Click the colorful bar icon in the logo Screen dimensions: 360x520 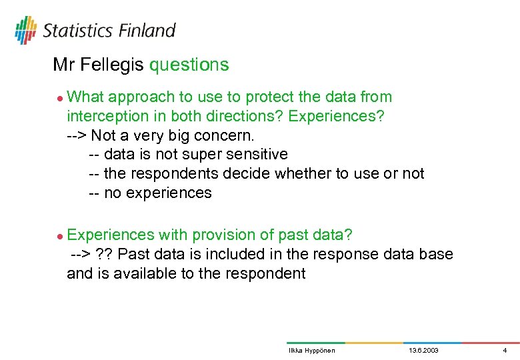pyautogui.click(x=26, y=30)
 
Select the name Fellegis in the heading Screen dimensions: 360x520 pyautogui.click(x=113, y=65)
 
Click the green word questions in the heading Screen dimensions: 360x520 pyautogui.click(x=189, y=65)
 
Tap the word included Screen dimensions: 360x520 pyautogui.click(x=235, y=255)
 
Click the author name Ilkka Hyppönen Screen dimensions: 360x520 pyautogui.click(x=311, y=351)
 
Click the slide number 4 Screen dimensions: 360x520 pyautogui.click(x=505, y=351)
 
